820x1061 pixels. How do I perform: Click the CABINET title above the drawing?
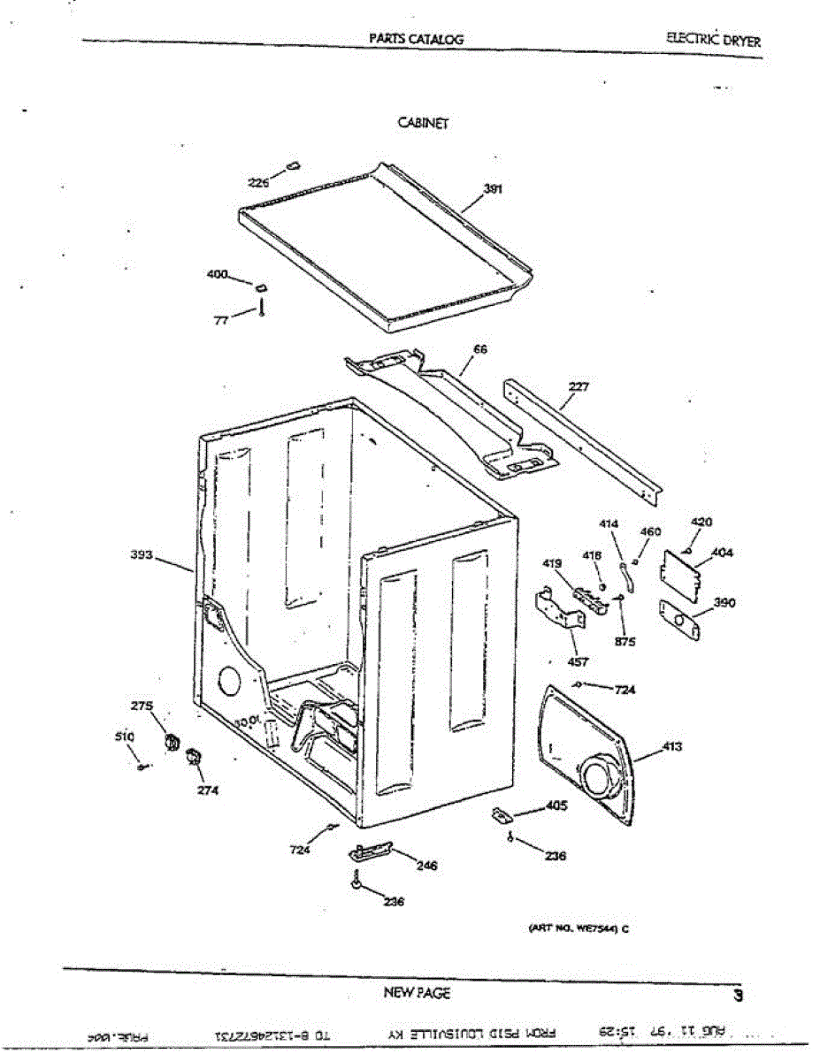(x=424, y=124)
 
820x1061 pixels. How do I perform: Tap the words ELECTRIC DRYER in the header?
(x=715, y=40)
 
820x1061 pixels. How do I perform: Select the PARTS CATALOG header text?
(x=417, y=39)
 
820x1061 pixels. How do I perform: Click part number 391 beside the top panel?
(x=494, y=188)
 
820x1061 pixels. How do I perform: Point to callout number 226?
(x=257, y=183)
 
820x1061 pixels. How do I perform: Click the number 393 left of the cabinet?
(x=142, y=555)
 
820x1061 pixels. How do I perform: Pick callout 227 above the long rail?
(x=579, y=386)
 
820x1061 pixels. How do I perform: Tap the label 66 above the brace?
(x=480, y=349)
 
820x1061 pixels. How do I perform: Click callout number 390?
(x=724, y=603)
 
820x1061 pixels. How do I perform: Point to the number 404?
(x=722, y=553)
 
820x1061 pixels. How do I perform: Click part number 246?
(x=426, y=866)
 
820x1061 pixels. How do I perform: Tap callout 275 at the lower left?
(x=142, y=706)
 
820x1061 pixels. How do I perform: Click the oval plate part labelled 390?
(x=680, y=618)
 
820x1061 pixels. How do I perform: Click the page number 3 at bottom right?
(x=738, y=995)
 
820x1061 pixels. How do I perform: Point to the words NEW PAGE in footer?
(x=417, y=993)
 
